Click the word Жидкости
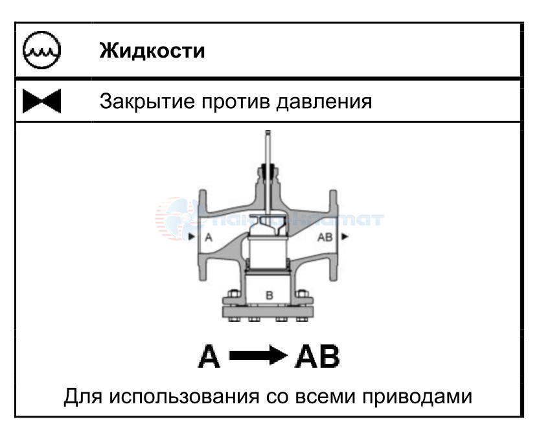pyautogui.click(x=152, y=50)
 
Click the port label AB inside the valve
pyautogui.click(x=325, y=238)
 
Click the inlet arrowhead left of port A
pyautogui.click(x=192, y=237)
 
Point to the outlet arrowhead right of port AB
pyautogui.click(x=345, y=237)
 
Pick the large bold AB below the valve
pyautogui.click(x=317, y=358)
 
